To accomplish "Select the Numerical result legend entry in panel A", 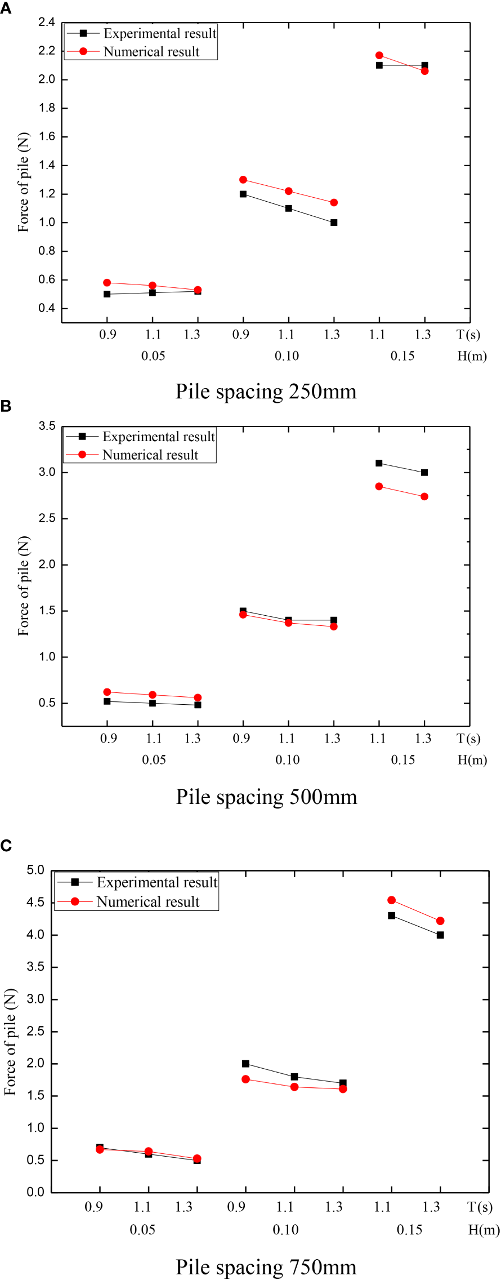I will pyautogui.click(x=151, y=52).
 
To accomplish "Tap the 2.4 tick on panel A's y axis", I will pyautogui.click(x=47, y=23).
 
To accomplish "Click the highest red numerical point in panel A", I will pyautogui.click(x=379, y=55).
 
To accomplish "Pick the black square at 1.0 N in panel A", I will pyautogui.click(x=334, y=223).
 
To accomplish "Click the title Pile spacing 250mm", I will pyautogui.click(x=266, y=392).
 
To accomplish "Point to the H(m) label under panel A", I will pyautogui.click(x=472, y=356).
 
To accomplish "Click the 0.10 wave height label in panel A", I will pyautogui.click(x=287, y=356).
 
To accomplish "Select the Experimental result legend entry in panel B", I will pyautogui.click(x=158, y=437).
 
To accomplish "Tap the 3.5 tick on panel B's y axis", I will pyautogui.click(x=47, y=426).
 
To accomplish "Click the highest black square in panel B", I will pyautogui.click(x=379, y=463).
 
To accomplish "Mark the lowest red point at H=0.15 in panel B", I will pyautogui.click(x=424, y=496).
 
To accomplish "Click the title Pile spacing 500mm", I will pyautogui.click(x=266, y=797).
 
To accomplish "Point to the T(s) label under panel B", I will pyautogui.click(x=468, y=739).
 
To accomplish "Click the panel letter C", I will pyautogui.click(x=6, y=846).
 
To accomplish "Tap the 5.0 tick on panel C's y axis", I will pyautogui.click(x=35, y=870).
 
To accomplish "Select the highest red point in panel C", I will pyautogui.click(x=392, y=900).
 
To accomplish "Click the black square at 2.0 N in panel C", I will pyautogui.click(x=245, y=1064).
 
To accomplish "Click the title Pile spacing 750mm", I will pyautogui.click(x=266, y=1267).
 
